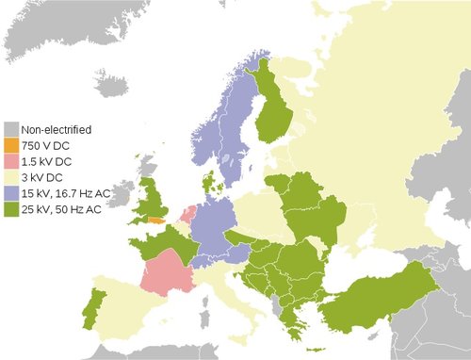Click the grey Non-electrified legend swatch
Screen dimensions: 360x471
pos(11,129)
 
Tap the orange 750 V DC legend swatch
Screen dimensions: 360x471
pos(11,145)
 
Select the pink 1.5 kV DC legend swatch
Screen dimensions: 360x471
pos(11,161)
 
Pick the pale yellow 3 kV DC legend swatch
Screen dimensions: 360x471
pos(11,177)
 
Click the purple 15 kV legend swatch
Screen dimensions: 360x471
pos(11,193)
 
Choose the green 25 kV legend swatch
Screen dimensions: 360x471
pos(11,209)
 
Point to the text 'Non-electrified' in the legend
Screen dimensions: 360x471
pos(57,129)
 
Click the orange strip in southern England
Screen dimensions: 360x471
pos(152,221)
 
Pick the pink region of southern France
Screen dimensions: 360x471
pos(165,273)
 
